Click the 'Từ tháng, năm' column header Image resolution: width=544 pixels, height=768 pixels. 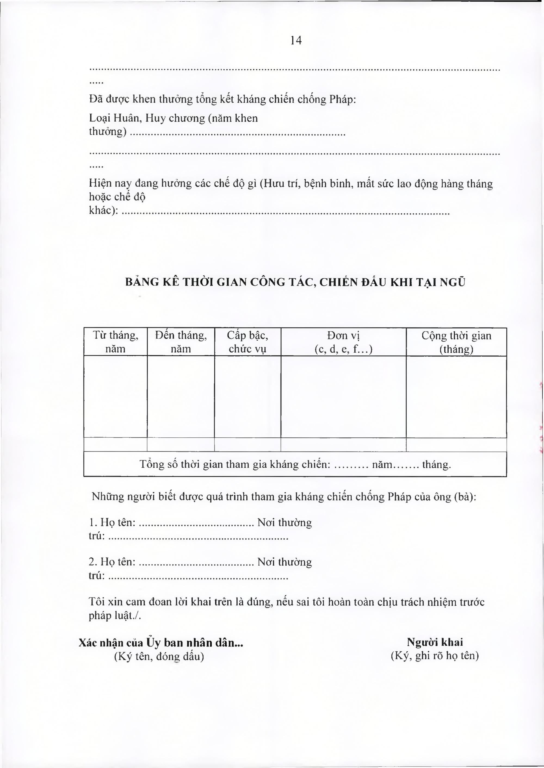115,342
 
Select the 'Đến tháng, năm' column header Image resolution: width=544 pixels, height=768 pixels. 181,342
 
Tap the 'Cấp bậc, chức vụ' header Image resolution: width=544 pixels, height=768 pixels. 248,342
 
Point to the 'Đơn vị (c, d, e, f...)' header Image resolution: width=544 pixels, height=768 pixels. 343,342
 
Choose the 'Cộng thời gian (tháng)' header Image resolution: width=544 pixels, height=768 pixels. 456,342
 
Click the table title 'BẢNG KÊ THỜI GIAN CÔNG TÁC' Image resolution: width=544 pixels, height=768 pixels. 295,282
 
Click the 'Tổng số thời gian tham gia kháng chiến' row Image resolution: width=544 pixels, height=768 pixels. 295,464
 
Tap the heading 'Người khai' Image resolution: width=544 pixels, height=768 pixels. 435,642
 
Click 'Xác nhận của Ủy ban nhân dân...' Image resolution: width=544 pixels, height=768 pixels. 161,642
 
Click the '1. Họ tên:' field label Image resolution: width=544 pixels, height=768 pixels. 112,522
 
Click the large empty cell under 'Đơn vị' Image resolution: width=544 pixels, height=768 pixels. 343,397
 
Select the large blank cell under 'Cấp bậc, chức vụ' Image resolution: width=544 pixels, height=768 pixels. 248,397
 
